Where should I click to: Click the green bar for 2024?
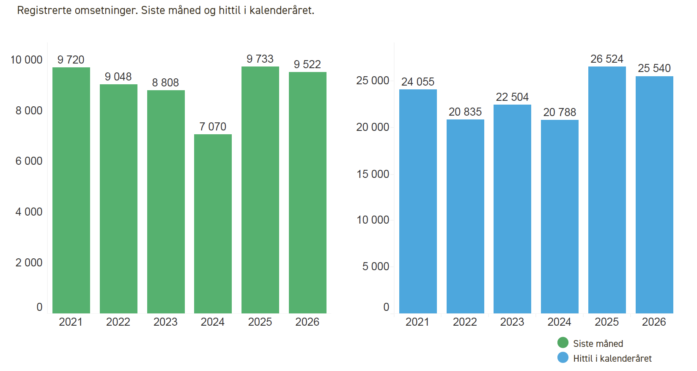tap(213, 224)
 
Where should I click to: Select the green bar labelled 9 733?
tap(260, 190)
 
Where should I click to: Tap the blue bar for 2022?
tap(465, 216)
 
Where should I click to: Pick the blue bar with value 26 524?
tap(607, 190)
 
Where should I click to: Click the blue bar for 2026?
tap(654, 195)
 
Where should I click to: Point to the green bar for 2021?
tap(71, 190)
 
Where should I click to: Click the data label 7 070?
tap(213, 127)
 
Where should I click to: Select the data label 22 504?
tap(512, 97)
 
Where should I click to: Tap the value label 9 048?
tap(118, 77)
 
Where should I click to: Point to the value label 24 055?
tap(418, 82)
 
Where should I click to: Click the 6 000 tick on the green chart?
tap(29, 161)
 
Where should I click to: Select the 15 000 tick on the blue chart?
tap(373, 174)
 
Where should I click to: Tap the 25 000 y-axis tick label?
tap(373, 80)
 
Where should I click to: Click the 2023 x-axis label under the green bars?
tap(165, 322)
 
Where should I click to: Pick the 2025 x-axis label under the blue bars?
tap(606, 322)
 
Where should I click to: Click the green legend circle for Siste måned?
tap(563, 343)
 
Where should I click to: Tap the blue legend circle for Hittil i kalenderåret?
tap(563, 358)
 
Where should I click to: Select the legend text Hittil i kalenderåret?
tap(612, 358)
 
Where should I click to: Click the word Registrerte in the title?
tap(44, 10)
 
